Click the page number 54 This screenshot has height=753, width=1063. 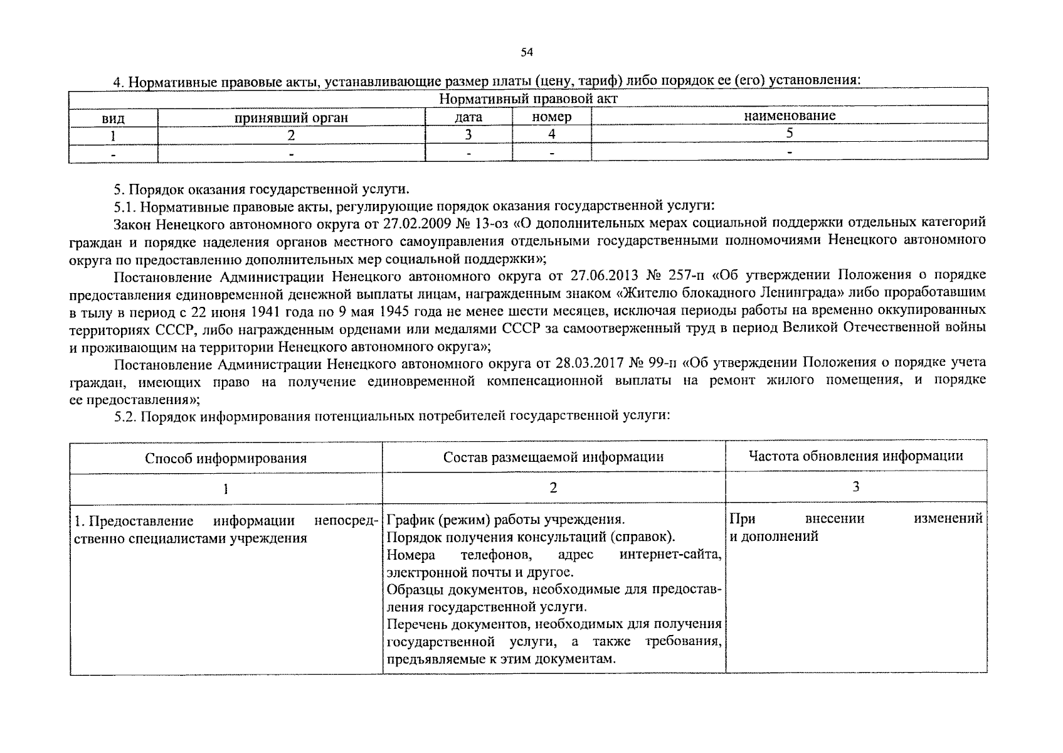[x=527, y=53]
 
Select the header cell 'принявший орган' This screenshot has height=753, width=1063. [x=291, y=117]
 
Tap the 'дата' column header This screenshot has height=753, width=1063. [x=468, y=117]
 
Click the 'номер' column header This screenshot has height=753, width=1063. [x=551, y=117]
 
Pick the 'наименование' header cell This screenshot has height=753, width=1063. [x=790, y=115]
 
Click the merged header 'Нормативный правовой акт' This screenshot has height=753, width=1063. [x=528, y=99]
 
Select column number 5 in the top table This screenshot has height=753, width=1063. [x=790, y=133]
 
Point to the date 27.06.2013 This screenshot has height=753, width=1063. [x=603, y=275]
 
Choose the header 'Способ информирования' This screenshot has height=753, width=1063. [x=226, y=458]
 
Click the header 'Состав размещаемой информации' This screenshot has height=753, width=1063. [x=553, y=457]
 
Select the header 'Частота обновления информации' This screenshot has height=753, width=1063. [x=855, y=456]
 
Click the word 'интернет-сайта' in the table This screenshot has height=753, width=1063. [x=670, y=555]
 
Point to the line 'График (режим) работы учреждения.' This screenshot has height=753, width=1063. [x=505, y=520]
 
